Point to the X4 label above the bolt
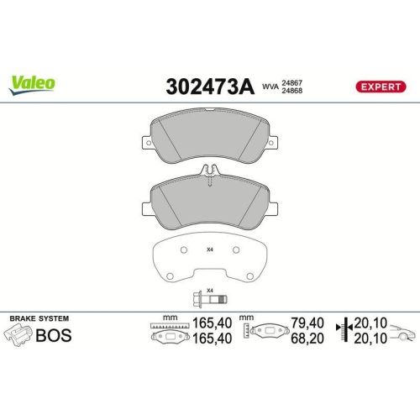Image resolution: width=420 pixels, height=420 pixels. coord(211,289)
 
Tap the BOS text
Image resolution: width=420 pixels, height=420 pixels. coord(54,336)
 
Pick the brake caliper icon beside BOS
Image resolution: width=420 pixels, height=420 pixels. coord(19,336)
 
